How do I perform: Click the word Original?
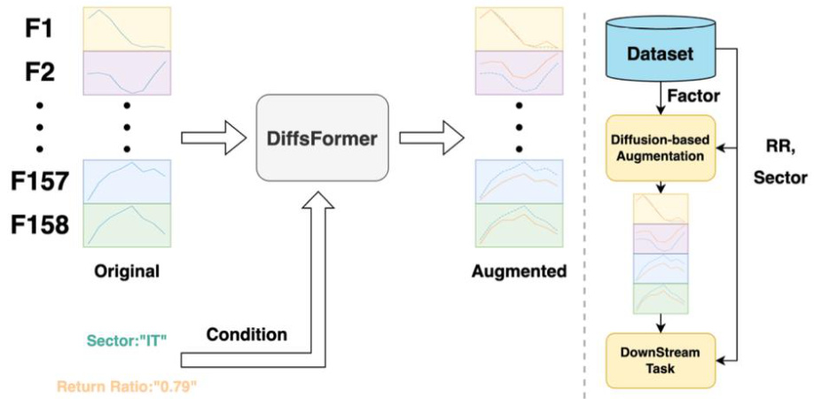point(127,271)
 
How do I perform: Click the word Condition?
point(247,335)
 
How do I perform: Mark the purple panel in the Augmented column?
point(519,72)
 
